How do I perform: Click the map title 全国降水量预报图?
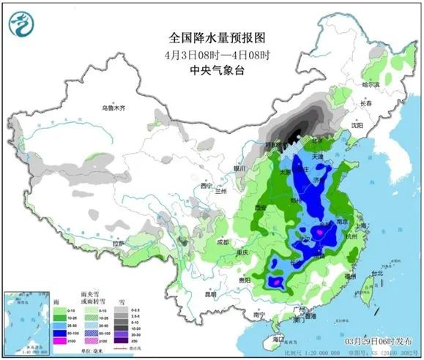pyautogui.click(x=212, y=37)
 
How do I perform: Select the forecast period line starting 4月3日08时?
pyautogui.click(x=212, y=55)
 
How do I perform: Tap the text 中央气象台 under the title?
pyautogui.click(x=212, y=72)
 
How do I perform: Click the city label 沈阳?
pyautogui.click(x=356, y=125)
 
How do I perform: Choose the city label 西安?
pyautogui.click(x=259, y=209)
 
